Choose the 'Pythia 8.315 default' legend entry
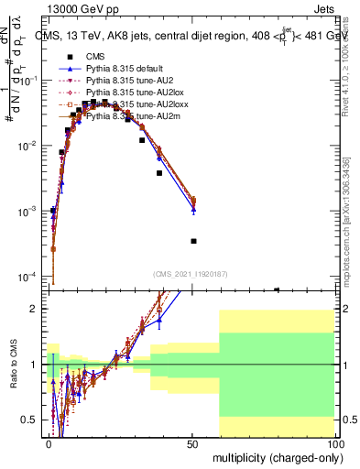(x=128, y=69)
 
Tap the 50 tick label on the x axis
(x=192, y=443)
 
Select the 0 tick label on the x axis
(x=49, y=443)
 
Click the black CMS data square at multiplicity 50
(x=193, y=241)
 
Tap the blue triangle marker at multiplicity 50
(x=193, y=210)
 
